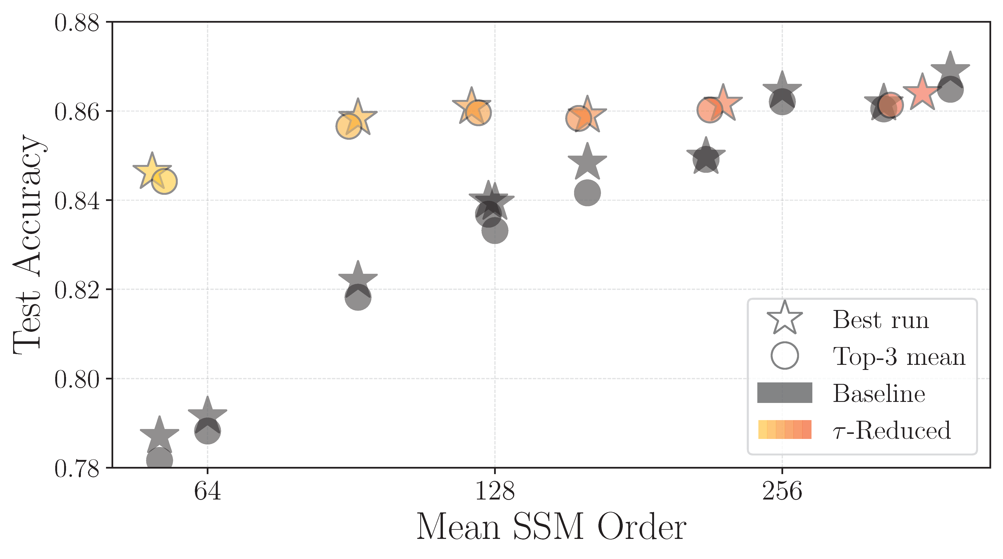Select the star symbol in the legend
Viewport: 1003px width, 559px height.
click(785, 318)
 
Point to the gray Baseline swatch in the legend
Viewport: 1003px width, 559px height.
click(785, 392)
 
